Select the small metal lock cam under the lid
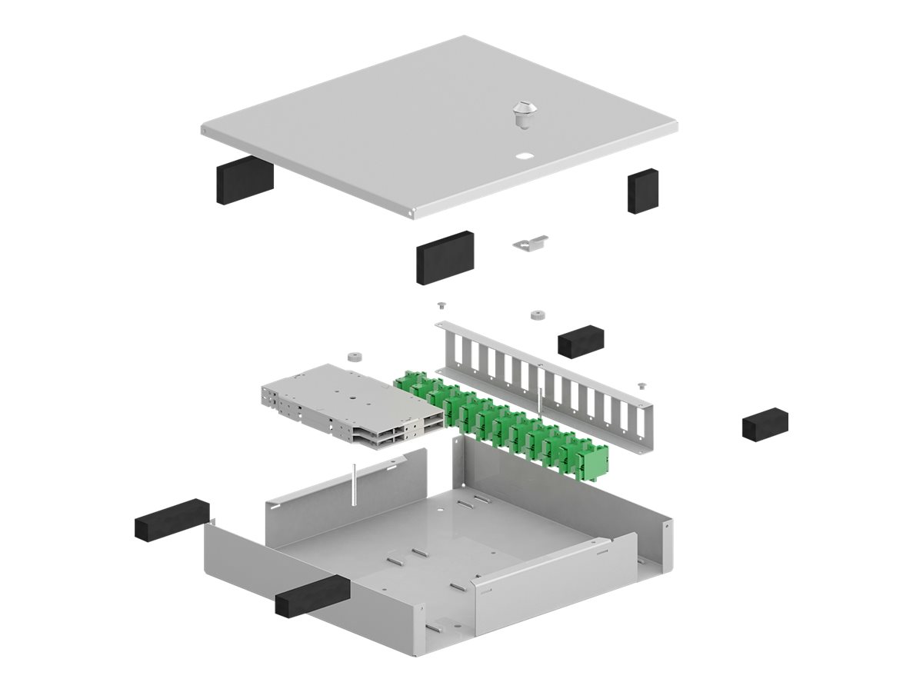(530, 243)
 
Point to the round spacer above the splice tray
(354, 357)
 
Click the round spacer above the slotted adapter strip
(536, 314)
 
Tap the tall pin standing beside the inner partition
(352, 484)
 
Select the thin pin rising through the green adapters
(541, 404)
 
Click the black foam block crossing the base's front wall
(312, 596)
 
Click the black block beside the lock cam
(445, 256)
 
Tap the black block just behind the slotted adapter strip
(581, 341)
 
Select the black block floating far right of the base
(765, 424)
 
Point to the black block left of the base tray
(172, 517)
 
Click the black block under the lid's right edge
(644, 191)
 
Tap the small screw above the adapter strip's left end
(442, 304)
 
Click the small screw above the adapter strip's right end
(641, 383)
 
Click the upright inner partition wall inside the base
(346, 492)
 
